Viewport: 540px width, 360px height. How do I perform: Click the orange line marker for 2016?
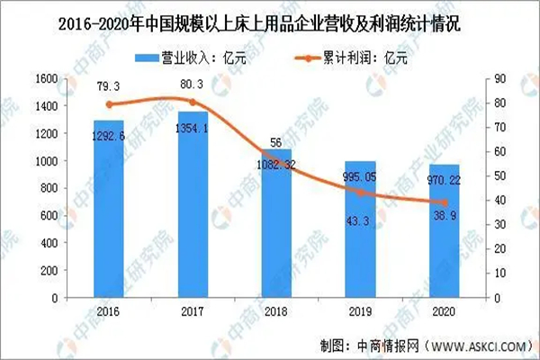[x=108, y=103]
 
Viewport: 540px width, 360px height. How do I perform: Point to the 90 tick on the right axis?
[x=496, y=78]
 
